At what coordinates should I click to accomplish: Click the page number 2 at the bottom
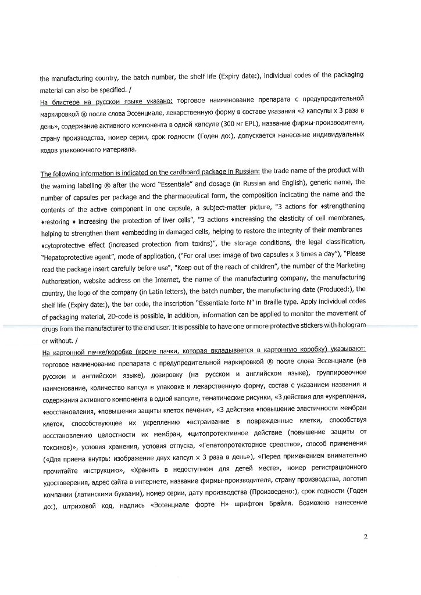point(365,536)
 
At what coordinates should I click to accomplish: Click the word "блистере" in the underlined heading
point(67,101)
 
